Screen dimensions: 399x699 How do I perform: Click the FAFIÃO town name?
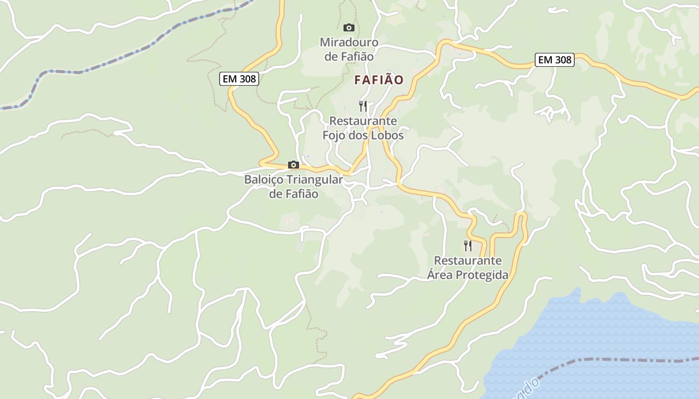(379, 80)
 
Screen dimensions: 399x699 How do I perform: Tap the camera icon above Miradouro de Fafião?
(349, 27)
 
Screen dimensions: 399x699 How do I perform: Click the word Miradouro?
(349, 42)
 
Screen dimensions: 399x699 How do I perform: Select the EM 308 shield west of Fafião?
(239, 79)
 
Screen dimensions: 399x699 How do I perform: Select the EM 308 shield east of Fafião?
(555, 60)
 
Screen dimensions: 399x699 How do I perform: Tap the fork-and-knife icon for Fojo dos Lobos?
(363, 106)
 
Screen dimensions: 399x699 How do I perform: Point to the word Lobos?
(387, 135)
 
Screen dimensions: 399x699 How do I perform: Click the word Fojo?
(333, 135)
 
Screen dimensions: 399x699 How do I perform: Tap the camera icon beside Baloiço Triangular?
(294, 165)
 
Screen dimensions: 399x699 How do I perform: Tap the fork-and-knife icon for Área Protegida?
(468, 246)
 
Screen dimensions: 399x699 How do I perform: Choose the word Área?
(439, 275)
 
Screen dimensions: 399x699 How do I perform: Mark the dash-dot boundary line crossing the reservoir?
(599, 359)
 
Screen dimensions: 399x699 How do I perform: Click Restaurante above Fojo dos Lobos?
(363, 121)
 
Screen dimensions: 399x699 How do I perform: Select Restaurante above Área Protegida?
(468, 261)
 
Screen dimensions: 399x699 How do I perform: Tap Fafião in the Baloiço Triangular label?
(301, 194)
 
